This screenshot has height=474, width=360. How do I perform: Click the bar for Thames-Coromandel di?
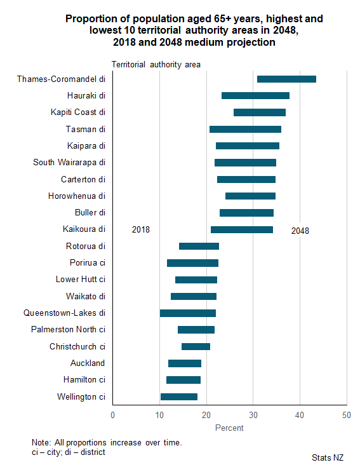pyautogui.click(x=286, y=79)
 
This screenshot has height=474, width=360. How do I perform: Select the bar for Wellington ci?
pyautogui.click(x=178, y=397)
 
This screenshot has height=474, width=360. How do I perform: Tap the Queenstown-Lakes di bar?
pyautogui.click(x=188, y=313)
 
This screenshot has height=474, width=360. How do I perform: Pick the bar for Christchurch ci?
pyautogui.click(x=196, y=347)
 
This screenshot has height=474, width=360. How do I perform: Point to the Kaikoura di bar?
pyautogui.click(x=242, y=229)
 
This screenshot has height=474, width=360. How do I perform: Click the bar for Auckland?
pyautogui.click(x=185, y=363)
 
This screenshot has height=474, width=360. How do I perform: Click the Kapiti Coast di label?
pyautogui.click(x=77, y=112)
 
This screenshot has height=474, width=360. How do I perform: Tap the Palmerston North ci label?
pyautogui.click(x=68, y=329)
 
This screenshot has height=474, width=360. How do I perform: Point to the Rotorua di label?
pyautogui.click(x=85, y=246)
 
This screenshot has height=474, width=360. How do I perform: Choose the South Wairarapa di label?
pyautogui.click(x=69, y=163)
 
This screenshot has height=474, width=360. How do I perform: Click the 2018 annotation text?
pyautogui.click(x=141, y=229)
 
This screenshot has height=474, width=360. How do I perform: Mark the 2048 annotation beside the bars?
pyautogui.click(x=300, y=231)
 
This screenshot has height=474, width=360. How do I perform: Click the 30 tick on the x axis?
pyautogui.click(x=253, y=416)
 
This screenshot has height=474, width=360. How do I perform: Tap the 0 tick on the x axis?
pyautogui.click(x=112, y=416)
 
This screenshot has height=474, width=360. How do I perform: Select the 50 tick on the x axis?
pyautogui.click(x=347, y=416)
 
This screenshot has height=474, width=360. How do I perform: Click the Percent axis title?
pyautogui.click(x=229, y=428)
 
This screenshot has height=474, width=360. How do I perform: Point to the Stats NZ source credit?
pyautogui.click(x=327, y=457)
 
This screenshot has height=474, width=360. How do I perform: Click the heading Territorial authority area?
pyautogui.click(x=156, y=65)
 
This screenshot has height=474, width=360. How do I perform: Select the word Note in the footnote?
pyautogui.click(x=40, y=442)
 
